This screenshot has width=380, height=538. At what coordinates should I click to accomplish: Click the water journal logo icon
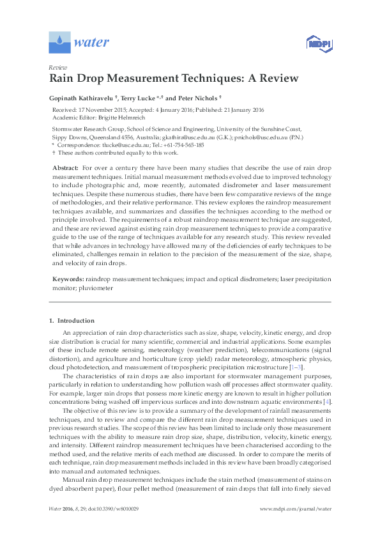[x=60, y=43]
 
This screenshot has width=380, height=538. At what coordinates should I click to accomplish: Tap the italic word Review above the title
[x=58, y=67]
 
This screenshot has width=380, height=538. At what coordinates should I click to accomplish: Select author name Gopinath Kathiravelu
[x=81, y=99]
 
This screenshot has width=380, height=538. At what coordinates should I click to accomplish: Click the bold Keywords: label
[x=67, y=279]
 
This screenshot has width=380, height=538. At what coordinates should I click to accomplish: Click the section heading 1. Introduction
[x=72, y=320]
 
